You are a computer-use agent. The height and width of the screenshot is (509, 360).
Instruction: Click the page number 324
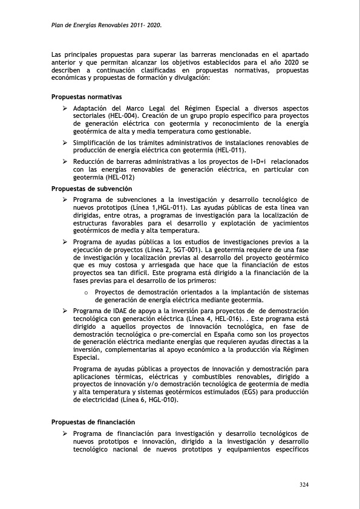304,484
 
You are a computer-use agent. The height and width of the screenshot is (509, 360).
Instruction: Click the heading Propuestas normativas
87,97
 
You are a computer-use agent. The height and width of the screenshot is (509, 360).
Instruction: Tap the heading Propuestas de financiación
93,422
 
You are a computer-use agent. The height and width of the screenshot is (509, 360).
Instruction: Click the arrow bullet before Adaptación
65,108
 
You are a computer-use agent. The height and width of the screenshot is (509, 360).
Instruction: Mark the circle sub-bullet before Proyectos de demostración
87,293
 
